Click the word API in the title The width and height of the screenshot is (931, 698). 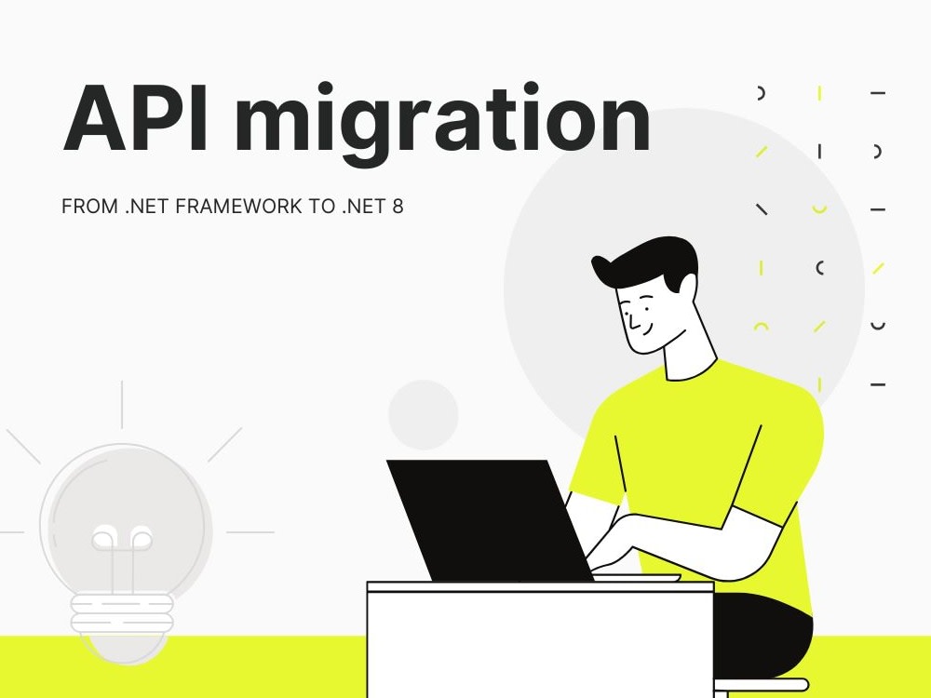click(x=135, y=119)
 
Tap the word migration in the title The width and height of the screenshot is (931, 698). click(x=442, y=124)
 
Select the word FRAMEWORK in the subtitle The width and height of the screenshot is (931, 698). click(x=238, y=207)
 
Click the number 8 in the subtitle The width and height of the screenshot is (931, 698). click(x=398, y=207)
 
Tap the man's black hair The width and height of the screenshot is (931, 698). click(x=647, y=262)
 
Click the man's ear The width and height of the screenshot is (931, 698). click(x=687, y=289)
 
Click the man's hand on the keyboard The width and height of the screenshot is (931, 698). click(x=612, y=544)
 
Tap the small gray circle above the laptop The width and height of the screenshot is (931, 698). click(x=424, y=414)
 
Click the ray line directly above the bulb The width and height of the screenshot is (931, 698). click(x=122, y=404)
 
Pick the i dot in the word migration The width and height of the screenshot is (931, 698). click(x=324, y=89)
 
